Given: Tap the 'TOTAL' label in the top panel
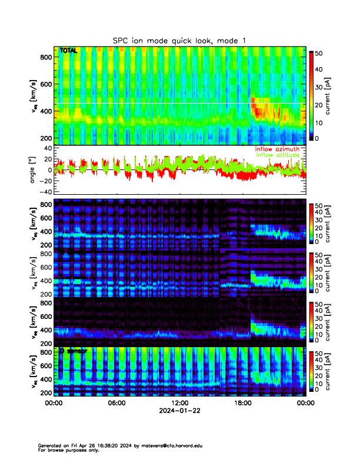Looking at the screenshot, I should point(68,51).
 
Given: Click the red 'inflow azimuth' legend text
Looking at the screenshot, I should point(277,149).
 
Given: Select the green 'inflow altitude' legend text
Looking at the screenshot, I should point(277,155).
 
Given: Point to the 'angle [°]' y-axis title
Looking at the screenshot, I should point(34,170).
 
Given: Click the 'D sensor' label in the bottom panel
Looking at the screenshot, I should point(73,351).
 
